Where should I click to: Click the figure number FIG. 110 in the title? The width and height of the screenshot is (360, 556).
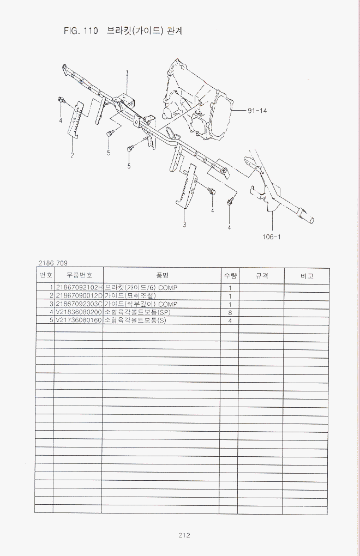click(x=80, y=31)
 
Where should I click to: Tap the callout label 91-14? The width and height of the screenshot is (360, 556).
click(x=257, y=111)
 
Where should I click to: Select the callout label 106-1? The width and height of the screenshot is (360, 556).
click(x=272, y=237)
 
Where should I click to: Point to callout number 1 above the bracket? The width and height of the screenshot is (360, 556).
click(x=127, y=72)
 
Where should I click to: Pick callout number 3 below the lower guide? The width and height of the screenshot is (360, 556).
click(x=184, y=224)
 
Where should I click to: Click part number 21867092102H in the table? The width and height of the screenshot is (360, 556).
click(x=79, y=287)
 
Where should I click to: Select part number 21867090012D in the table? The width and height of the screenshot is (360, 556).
click(x=79, y=295)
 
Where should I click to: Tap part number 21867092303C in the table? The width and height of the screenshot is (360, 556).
click(x=79, y=304)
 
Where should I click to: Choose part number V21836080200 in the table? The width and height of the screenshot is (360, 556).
click(x=79, y=312)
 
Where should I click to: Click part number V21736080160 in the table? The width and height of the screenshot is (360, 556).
click(x=79, y=320)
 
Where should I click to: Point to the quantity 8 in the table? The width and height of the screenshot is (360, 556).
click(x=230, y=312)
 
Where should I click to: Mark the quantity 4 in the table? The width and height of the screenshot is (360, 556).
click(x=230, y=321)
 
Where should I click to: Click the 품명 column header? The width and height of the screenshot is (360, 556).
click(x=161, y=276)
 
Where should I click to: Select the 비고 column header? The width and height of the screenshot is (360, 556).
click(x=307, y=276)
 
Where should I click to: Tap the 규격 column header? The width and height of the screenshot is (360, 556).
click(x=262, y=276)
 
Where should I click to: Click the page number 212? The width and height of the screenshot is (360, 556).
click(x=184, y=535)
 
